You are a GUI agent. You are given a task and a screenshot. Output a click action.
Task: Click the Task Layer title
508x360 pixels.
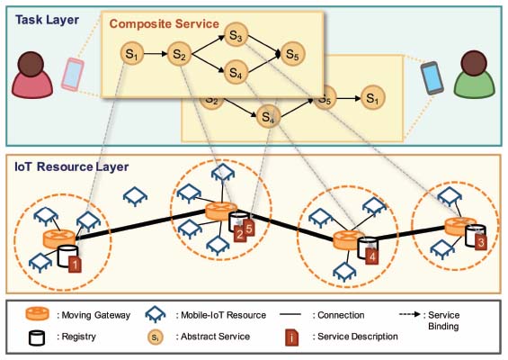(47, 20)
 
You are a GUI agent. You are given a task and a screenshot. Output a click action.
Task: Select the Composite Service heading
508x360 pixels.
(165, 24)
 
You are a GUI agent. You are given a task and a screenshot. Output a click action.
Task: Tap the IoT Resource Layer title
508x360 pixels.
(72, 166)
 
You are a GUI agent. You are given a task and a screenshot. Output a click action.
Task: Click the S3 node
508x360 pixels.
(236, 35)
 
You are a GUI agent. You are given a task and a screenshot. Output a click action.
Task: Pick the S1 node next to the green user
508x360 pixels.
(373, 97)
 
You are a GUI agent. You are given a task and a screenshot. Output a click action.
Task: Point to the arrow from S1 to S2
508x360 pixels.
(156, 53)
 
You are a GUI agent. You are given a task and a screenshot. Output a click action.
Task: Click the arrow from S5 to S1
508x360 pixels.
(349, 98)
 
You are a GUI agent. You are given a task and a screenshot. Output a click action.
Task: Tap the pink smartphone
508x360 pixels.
(72, 75)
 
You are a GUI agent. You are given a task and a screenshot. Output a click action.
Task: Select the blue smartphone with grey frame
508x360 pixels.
(432, 77)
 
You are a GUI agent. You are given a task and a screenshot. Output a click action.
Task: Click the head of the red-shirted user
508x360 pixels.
(31, 64)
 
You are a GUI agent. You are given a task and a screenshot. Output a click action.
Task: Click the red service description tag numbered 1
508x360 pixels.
(75, 265)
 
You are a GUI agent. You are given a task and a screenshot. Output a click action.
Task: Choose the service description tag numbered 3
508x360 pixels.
(481, 242)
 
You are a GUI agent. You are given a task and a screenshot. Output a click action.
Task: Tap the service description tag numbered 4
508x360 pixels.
(372, 256)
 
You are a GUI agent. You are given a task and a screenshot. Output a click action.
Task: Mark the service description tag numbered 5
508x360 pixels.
(249, 228)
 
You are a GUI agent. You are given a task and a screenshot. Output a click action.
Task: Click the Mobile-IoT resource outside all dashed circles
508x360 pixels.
(135, 196)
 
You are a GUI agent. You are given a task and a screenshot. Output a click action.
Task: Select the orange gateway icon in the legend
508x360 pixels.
(37, 314)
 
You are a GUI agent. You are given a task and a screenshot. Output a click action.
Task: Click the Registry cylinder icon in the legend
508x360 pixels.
(36, 337)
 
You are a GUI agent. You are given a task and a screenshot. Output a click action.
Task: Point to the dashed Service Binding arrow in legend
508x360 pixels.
(410, 314)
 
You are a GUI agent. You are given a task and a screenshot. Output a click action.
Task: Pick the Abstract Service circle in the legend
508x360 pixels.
(156, 337)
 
